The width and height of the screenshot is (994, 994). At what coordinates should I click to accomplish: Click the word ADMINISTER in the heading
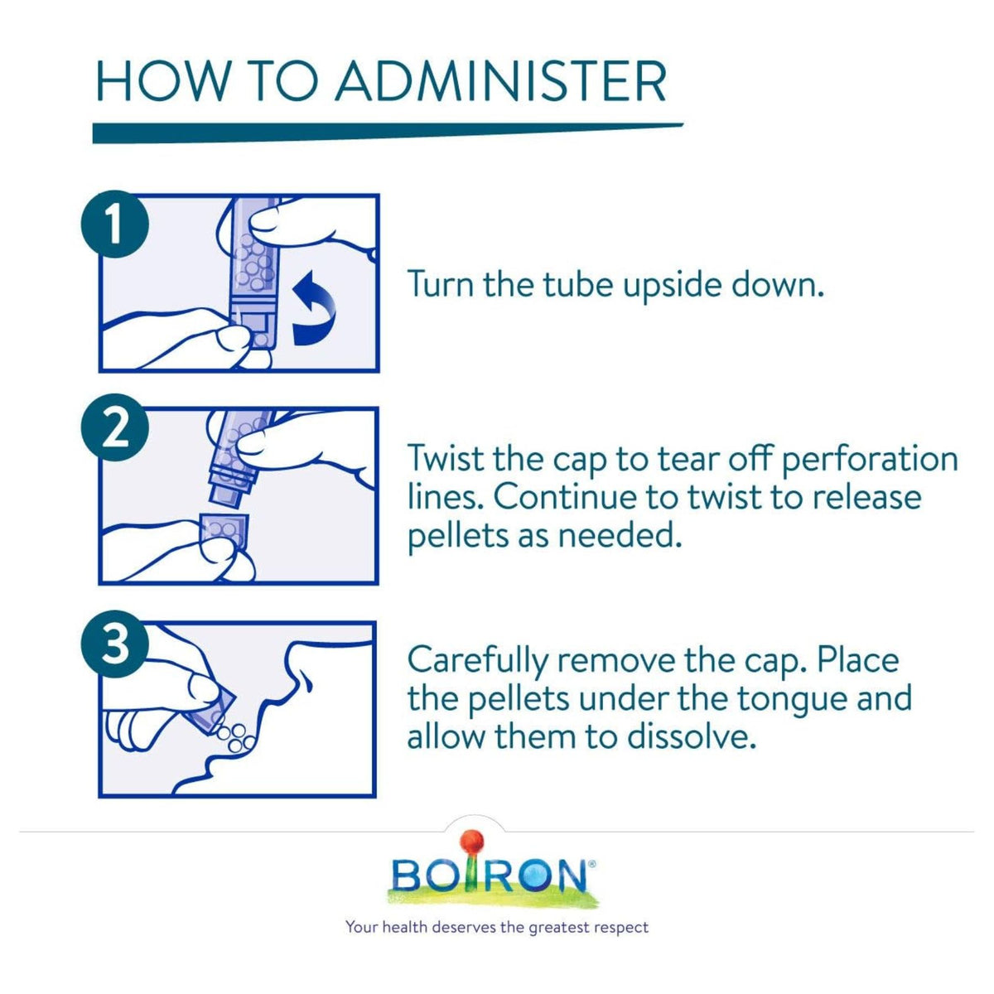point(501,82)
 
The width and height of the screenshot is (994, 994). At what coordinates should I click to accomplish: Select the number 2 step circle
point(115,427)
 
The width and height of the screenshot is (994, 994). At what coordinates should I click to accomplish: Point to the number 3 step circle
point(115,644)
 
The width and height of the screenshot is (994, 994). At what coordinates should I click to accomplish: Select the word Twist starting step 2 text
point(446,458)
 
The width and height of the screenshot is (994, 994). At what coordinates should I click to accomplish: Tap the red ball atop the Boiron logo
point(473,840)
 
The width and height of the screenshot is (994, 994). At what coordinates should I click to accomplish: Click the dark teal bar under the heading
point(388,133)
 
